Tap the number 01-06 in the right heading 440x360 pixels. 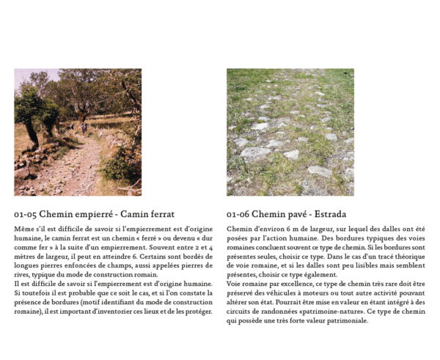coord(238,215)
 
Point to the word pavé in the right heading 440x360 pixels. coord(293,215)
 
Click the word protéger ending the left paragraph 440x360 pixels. coord(197,311)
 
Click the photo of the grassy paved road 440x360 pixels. coord(290,132)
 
